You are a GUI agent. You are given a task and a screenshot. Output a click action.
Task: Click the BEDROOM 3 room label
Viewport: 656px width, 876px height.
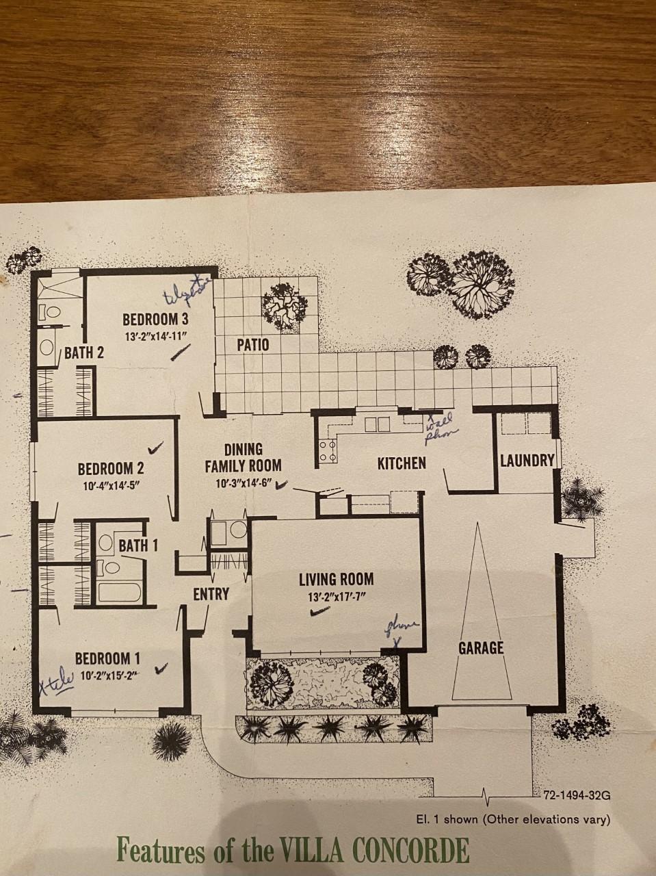tap(155, 319)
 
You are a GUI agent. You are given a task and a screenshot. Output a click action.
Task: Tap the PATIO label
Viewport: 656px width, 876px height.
tap(252, 344)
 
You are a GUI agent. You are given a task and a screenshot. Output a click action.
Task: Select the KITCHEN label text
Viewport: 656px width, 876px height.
tap(402, 463)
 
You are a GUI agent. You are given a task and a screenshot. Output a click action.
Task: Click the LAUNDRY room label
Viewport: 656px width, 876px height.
tap(526, 460)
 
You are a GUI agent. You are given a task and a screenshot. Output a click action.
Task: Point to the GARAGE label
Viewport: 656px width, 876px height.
tap(481, 647)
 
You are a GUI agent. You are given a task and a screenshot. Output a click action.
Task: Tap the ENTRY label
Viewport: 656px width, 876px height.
tap(211, 594)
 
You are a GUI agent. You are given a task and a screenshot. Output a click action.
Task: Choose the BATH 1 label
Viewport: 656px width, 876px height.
tap(138, 545)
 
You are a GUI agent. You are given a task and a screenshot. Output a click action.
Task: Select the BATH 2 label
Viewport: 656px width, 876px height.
tap(84, 353)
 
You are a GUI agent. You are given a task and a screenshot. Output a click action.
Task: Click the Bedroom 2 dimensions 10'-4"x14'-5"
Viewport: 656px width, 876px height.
tap(110, 487)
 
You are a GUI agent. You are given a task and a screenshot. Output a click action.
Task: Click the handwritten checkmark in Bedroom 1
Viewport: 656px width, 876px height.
tap(162, 668)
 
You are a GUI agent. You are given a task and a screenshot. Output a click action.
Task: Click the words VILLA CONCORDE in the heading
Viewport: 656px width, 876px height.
tap(375, 851)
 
